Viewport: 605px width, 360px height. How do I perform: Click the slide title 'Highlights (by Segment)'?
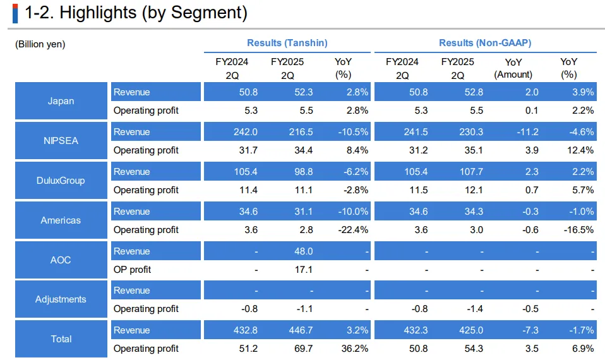point(135,13)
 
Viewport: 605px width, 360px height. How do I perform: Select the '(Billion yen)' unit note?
point(40,44)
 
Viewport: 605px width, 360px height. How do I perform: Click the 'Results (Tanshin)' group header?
point(287,43)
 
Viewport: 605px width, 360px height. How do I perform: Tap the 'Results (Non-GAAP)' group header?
point(485,43)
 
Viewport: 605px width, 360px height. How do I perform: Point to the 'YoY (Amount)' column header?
point(513,68)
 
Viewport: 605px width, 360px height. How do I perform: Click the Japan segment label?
point(61,101)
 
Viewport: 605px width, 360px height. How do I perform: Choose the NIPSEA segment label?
point(61,141)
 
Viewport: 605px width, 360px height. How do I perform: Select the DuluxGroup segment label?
point(61,181)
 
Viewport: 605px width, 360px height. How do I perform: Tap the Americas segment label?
point(61,220)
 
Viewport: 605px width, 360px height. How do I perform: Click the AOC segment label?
point(61,260)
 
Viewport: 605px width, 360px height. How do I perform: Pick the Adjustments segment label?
point(61,299)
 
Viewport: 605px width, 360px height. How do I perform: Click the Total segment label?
point(61,339)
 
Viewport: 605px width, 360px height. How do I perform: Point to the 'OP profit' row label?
point(133,270)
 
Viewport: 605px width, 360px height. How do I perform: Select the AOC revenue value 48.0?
point(303,251)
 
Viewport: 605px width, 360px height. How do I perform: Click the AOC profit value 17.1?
point(303,270)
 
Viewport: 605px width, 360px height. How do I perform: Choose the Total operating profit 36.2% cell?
point(355,349)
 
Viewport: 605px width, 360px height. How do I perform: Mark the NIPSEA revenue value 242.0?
point(246,132)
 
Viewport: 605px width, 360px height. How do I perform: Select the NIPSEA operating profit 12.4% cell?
point(580,150)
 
